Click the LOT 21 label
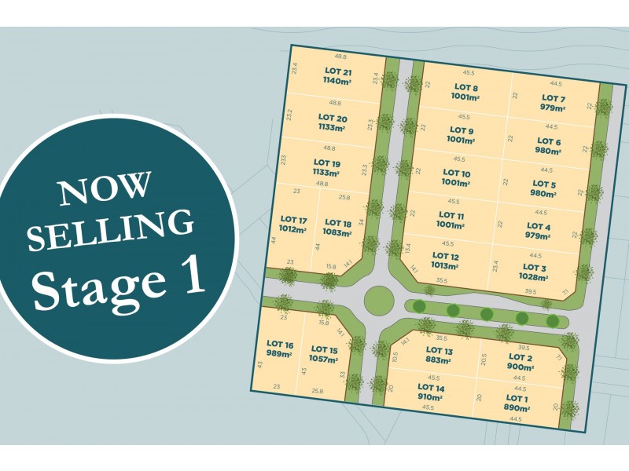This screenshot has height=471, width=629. coord(337,71)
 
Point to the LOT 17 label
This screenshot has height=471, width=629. coord(292,220)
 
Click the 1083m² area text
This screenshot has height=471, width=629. coord(337,233)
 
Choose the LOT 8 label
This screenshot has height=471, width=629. coord(465,87)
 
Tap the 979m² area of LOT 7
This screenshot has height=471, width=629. coord(553,108)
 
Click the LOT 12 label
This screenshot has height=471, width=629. coord(444,256)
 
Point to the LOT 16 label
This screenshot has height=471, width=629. coord(280,344)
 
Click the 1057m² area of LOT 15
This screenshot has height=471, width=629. coord(323,360)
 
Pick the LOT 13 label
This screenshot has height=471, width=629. coord(439,350)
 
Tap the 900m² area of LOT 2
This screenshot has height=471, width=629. coord(520,367)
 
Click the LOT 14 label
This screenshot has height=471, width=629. coord(431,387)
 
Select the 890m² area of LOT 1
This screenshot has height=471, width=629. coord(516,408)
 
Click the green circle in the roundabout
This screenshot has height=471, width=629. coord(379,299)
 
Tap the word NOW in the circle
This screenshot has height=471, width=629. coord(105,189)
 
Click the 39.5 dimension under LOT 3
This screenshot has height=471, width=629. coord(531,291)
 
